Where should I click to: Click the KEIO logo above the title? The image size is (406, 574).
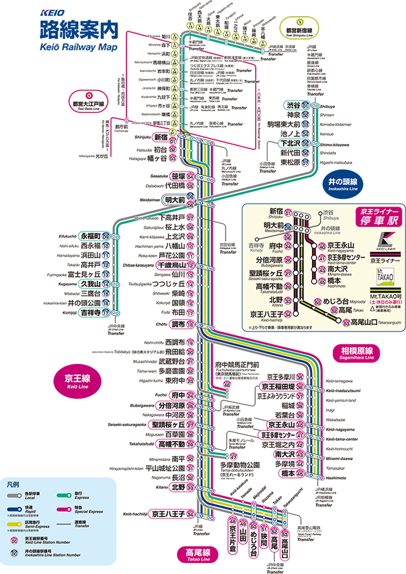52,13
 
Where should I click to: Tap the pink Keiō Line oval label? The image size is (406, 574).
77,381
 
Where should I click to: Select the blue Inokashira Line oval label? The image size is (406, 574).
343,184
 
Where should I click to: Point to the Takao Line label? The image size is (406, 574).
198,554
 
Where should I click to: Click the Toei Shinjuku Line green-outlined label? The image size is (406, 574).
299,28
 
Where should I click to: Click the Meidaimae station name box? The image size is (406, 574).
175,200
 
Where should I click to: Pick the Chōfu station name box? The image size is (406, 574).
178,324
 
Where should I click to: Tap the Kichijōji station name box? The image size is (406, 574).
91,313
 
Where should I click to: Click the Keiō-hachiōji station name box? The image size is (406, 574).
168,514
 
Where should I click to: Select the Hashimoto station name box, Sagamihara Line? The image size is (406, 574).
288,473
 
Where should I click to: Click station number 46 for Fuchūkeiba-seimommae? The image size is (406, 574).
227,385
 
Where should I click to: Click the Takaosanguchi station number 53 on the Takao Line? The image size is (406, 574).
285,534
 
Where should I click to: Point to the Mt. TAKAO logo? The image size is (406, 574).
385,276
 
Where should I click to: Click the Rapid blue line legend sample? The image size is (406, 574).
15,509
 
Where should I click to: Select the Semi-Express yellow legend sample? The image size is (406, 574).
15,524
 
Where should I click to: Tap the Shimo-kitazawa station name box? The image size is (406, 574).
290,143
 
